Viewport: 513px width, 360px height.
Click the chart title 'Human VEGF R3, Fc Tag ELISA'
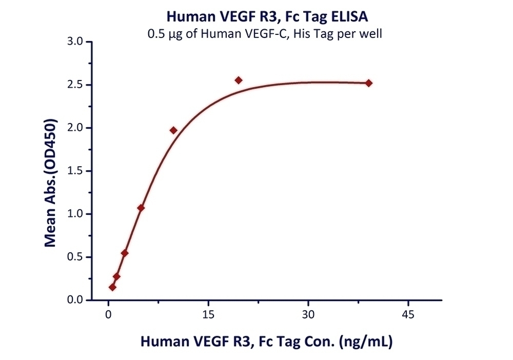[267, 17]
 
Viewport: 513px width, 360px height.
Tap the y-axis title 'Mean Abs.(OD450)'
[50, 183]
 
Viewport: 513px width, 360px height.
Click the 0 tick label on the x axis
[108, 314]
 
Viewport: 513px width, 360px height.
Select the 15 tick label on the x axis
[208, 314]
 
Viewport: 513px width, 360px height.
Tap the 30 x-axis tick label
[308, 314]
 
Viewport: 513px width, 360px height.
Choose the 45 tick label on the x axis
[408, 314]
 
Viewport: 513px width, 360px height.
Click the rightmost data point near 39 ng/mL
[368, 83]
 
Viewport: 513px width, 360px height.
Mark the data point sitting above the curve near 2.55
[239, 80]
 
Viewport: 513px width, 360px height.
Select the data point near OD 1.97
[173, 130]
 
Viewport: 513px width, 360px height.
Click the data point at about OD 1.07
[141, 208]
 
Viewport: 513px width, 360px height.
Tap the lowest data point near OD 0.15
[112, 287]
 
